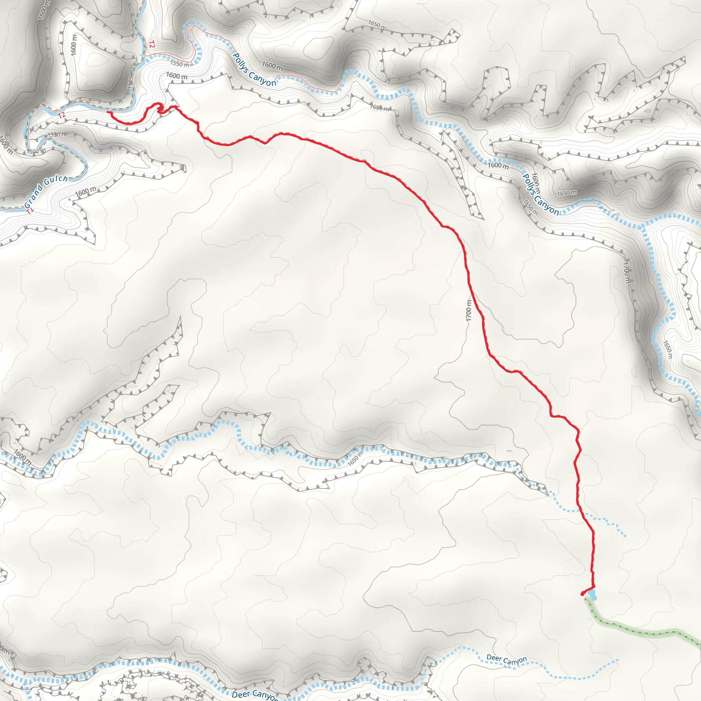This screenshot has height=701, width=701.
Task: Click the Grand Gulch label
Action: coord(46,191)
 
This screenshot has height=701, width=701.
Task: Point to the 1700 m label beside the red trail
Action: coord(469,310)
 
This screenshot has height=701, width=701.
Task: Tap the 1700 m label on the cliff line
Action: coord(626,273)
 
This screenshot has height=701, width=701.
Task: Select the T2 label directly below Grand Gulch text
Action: coord(30,211)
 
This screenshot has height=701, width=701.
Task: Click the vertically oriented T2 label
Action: coord(152,44)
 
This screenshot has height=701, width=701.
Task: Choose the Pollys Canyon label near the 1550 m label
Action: coord(254,70)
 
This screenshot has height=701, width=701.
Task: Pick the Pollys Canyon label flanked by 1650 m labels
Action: coord(540,194)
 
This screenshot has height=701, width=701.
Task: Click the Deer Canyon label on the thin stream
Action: coord(507,660)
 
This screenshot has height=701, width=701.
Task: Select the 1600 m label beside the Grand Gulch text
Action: coord(86,191)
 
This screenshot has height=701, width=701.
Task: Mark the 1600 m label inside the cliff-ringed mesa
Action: coord(74,44)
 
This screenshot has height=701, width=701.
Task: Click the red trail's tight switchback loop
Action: coord(160,108)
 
